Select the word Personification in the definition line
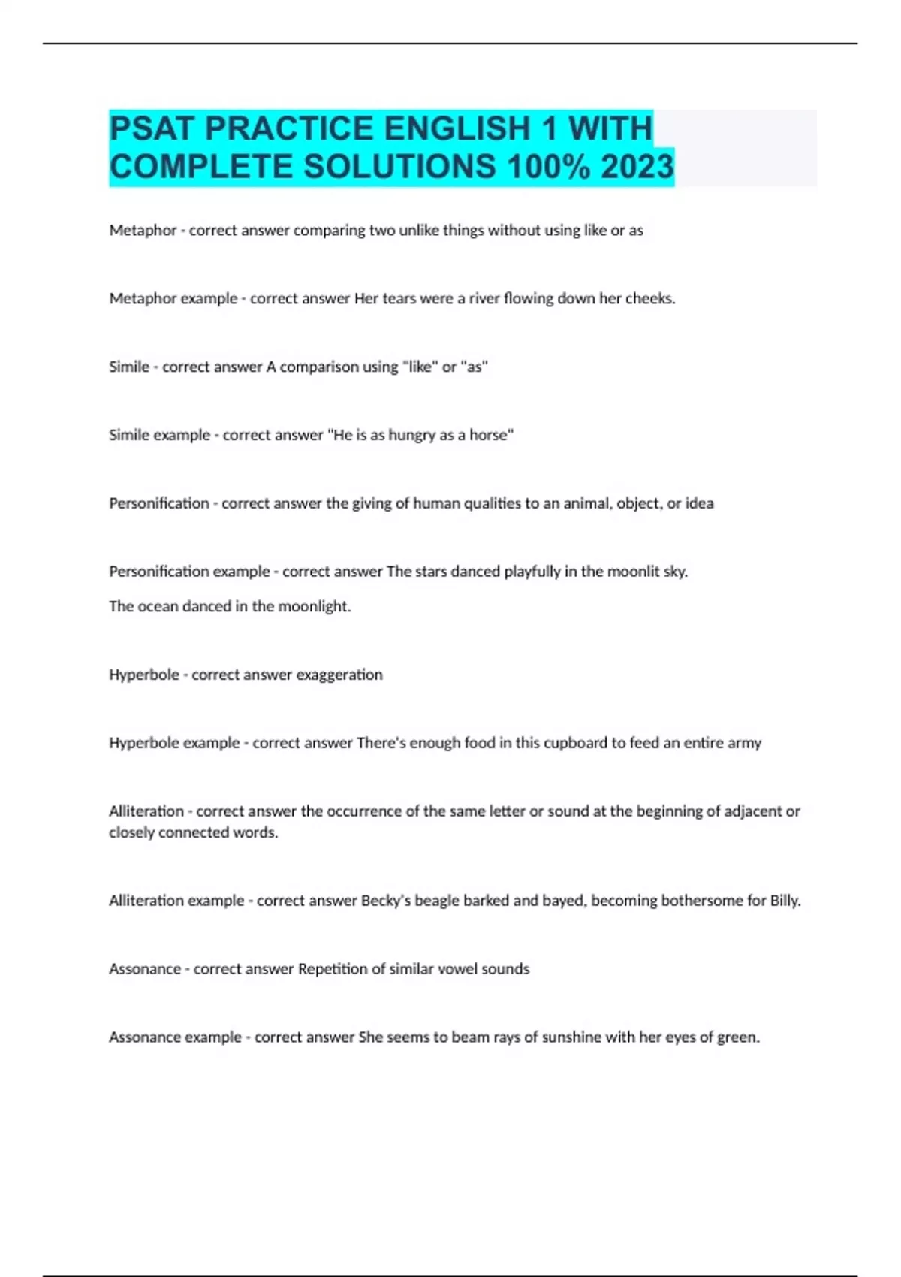point(159,503)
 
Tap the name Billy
point(785,901)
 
